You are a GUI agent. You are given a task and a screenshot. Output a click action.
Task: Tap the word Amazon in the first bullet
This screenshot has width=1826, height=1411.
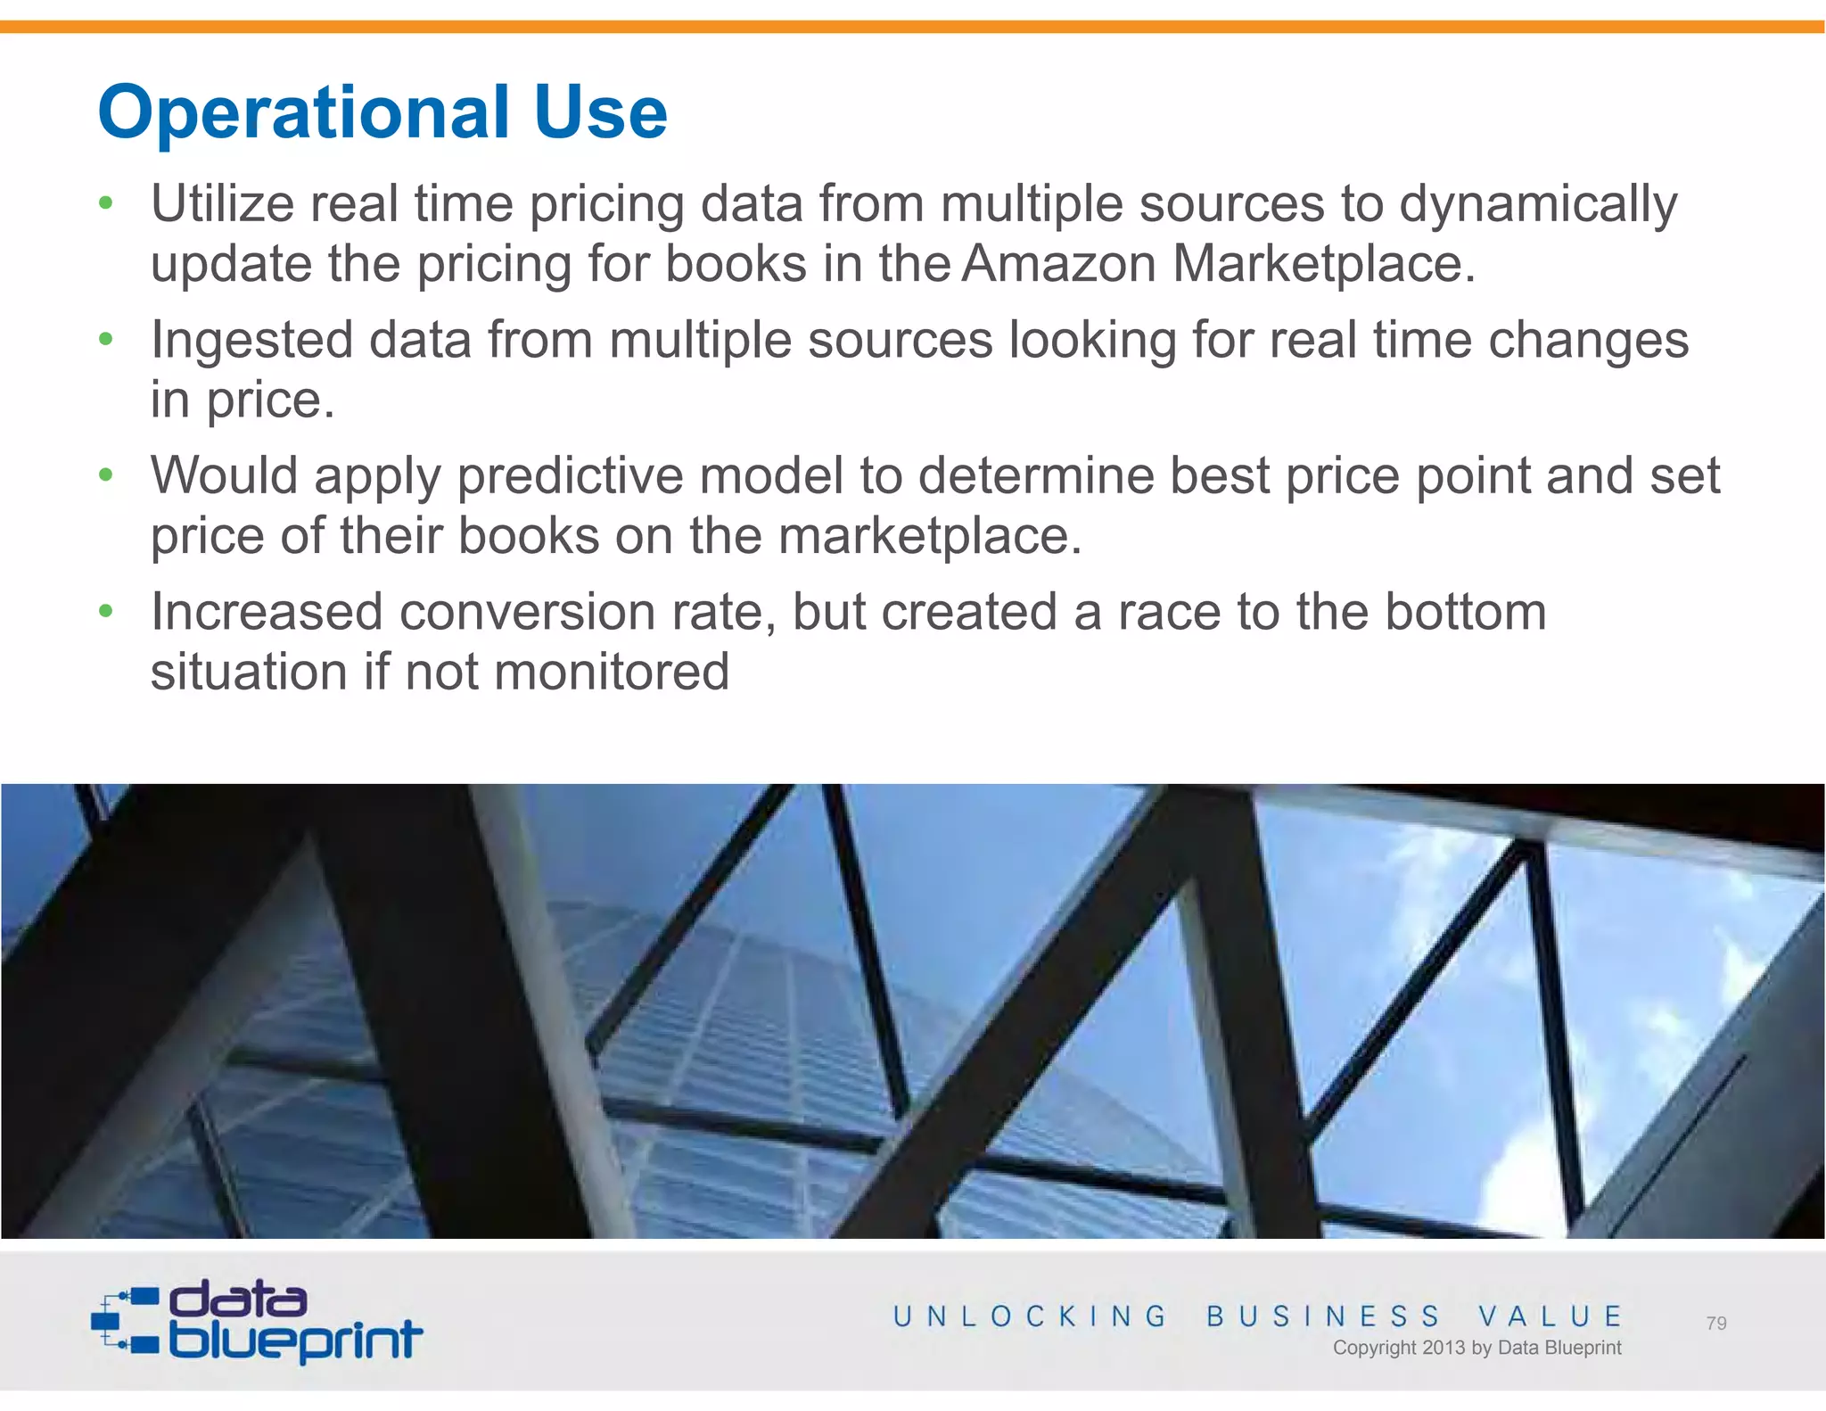coord(1059,264)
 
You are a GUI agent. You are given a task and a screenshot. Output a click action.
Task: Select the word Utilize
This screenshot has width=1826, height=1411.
coord(222,204)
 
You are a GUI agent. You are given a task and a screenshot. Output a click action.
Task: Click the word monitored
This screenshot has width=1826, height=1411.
coord(612,672)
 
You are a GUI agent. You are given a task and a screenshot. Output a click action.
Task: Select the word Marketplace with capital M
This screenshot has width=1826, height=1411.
coord(1323,264)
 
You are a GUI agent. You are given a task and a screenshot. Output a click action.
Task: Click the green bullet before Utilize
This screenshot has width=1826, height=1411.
coord(106,203)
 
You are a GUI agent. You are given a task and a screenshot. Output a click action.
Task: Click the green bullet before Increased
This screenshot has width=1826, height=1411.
coord(106,611)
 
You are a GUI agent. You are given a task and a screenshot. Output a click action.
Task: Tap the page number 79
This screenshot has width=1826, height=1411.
coord(1715,1324)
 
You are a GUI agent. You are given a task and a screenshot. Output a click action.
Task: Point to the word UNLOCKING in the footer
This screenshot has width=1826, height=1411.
coord(1030,1316)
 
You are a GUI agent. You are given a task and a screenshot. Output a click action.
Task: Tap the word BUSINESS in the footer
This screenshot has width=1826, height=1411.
coord(1323,1316)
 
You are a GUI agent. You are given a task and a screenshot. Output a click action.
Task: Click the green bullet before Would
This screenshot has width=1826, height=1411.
coord(106,475)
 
